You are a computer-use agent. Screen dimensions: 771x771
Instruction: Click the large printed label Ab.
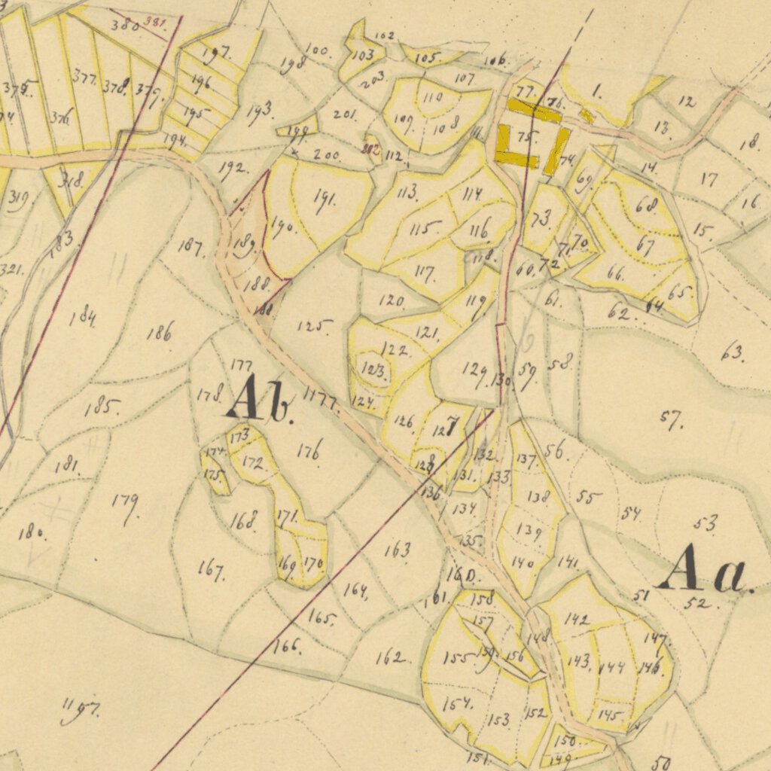click(258, 400)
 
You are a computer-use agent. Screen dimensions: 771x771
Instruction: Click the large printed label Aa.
click(704, 569)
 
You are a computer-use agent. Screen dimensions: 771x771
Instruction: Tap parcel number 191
click(325, 200)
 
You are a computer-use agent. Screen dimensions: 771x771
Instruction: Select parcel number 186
click(160, 331)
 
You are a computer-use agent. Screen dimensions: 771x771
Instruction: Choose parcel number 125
click(314, 326)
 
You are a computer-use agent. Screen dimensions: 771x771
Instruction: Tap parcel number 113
click(407, 192)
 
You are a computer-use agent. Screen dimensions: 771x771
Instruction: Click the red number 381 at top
click(156, 23)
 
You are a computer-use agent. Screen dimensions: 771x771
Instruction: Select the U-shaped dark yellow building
click(517, 146)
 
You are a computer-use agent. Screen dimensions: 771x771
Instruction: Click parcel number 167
click(211, 569)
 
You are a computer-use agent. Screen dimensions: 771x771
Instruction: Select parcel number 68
click(647, 205)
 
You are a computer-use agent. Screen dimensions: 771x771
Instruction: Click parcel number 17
click(709, 179)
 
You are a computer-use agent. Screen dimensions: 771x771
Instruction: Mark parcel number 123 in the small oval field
click(374, 370)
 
